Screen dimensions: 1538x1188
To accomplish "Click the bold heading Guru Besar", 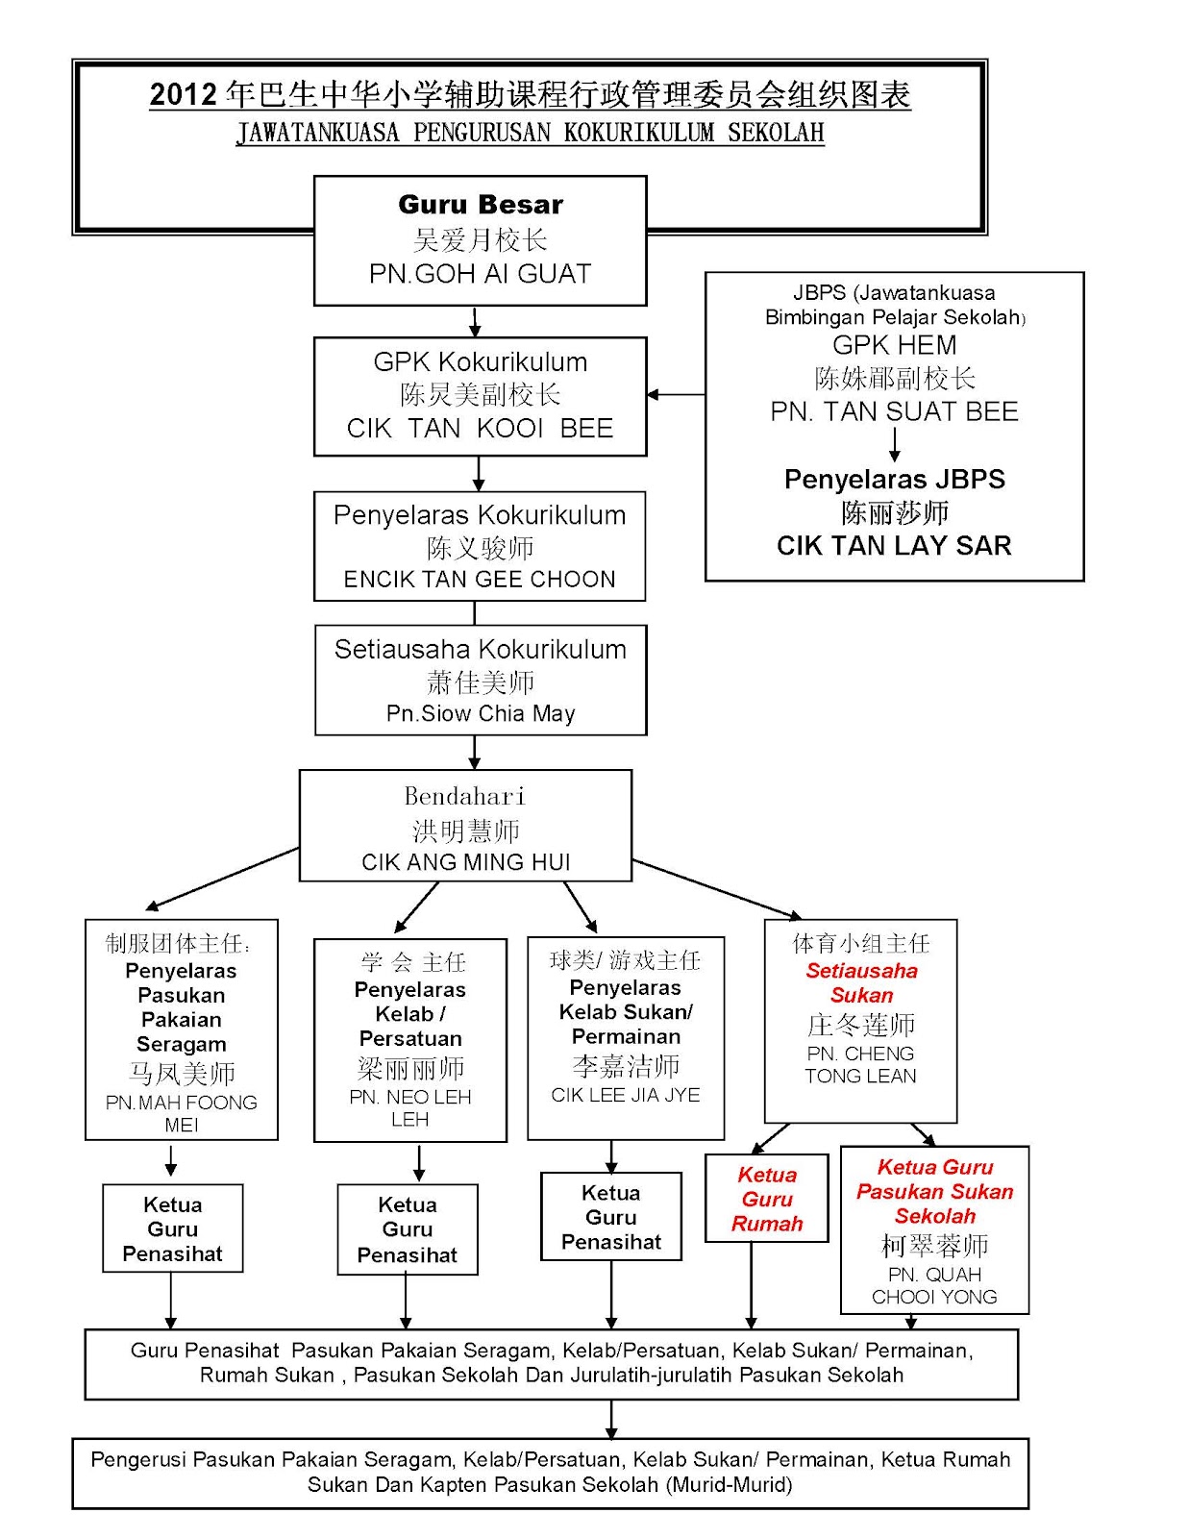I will pyautogui.click(x=481, y=205).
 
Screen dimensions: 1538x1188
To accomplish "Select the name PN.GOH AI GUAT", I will pyautogui.click(x=481, y=274).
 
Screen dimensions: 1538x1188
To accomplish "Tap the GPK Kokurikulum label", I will pyautogui.click(x=481, y=362).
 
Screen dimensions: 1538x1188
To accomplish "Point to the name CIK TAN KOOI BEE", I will pyautogui.click(x=481, y=428).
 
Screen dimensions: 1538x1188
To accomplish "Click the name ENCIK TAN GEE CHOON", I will pyautogui.click(x=480, y=579).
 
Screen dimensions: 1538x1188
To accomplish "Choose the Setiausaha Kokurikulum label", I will pyautogui.click(x=481, y=650).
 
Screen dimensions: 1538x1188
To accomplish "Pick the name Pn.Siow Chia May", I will pyautogui.click(x=481, y=713).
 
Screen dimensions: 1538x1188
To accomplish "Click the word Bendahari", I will pyautogui.click(x=465, y=796).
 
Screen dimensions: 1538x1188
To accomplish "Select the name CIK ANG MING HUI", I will pyautogui.click(x=466, y=862).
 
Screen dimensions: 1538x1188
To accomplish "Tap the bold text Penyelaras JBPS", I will pyautogui.click(x=895, y=480).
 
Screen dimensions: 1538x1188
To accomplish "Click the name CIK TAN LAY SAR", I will pyautogui.click(x=895, y=546).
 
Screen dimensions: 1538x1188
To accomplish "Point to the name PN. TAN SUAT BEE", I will pyautogui.click(x=895, y=411).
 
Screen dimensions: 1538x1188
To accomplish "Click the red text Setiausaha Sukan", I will pyautogui.click(x=861, y=982).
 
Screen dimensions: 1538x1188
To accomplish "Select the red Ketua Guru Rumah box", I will pyautogui.click(x=767, y=1199).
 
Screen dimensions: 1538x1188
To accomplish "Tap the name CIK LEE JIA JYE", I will pyautogui.click(x=626, y=1095).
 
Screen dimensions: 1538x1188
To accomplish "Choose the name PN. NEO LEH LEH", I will pyautogui.click(x=410, y=1108).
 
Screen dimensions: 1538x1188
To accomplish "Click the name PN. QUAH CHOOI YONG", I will pyautogui.click(x=935, y=1285).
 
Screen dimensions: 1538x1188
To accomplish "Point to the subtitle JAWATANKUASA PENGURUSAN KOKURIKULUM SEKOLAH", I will pyautogui.click(x=531, y=133).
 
